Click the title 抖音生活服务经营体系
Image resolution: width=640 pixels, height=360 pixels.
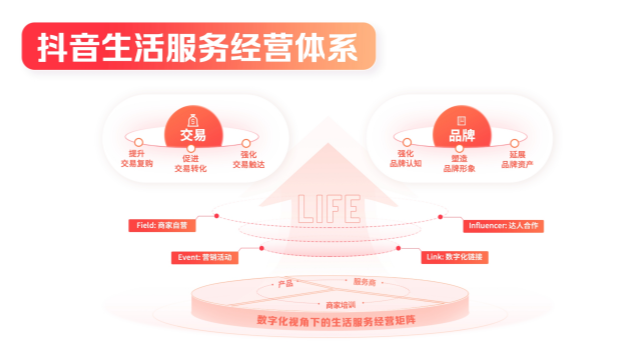197,48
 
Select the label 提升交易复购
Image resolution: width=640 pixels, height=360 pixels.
136,159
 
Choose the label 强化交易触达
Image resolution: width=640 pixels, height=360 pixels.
250,159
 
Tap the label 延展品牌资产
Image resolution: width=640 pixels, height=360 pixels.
510,159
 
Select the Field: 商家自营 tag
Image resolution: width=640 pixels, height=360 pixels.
161,226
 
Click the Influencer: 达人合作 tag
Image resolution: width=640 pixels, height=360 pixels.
503,226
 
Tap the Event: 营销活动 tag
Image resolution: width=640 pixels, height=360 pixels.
205,257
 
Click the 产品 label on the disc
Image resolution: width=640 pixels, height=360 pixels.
286,284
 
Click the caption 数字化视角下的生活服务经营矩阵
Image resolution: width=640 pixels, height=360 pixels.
332,320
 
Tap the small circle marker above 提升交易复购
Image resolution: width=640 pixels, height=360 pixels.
140,143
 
